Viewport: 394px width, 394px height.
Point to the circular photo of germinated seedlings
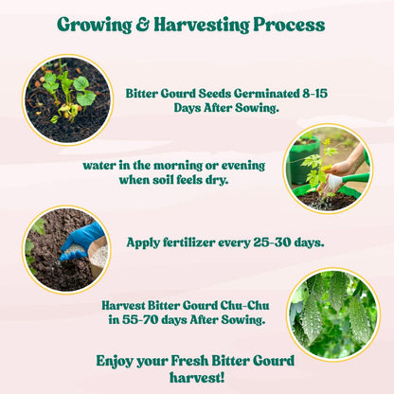(66, 98)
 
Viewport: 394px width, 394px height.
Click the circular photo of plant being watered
(327, 170)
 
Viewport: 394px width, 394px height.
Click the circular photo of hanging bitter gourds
(332, 313)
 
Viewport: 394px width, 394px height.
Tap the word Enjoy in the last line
(118, 360)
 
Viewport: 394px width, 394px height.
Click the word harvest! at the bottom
(195, 378)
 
